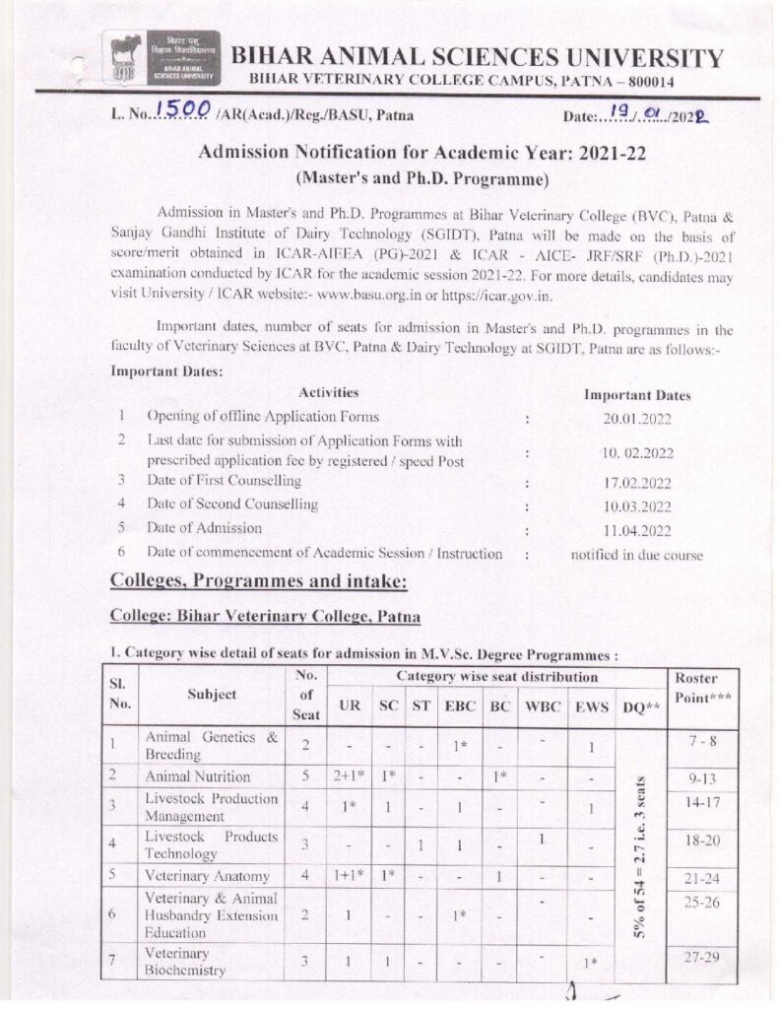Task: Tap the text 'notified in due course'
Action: [x=637, y=555]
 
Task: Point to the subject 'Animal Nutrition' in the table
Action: [x=198, y=776]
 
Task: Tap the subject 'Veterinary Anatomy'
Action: [x=207, y=875]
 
